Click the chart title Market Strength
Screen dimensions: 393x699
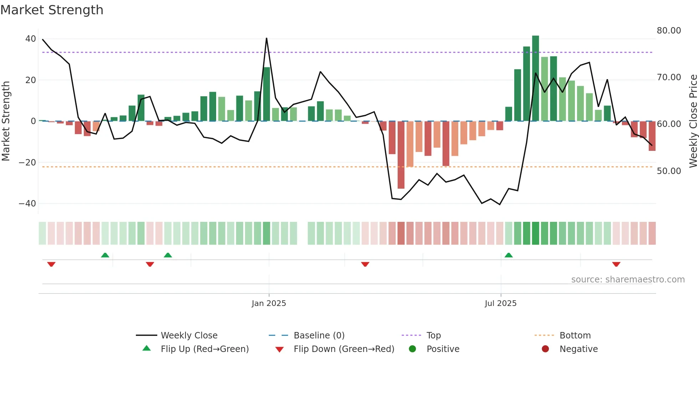pyautogui.click(x=52, y=10)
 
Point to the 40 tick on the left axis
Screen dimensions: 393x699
pyautogui.click(x=31, y=39)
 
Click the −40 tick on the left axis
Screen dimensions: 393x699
pyautogui.click(x=27, y=203)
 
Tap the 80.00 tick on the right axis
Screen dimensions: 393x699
pyautogui.click(x=669, y=31)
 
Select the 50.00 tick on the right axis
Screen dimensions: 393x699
pyautogui.click(x=669, y=171)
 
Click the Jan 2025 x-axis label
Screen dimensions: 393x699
pyautogui.click(x=269, y=303)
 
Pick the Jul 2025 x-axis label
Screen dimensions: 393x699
pyautogui.click(x=500, y=303)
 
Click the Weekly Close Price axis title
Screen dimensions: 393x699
pyautogui.click(x=693, y=121)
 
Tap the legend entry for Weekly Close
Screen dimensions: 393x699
pyautogui.click(x=189, y=335)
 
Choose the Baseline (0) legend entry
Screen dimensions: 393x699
pyautogui.click(x=319, y=335)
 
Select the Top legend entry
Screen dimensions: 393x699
pyautogui.click(x=433, y=335)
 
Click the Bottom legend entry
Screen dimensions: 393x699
pyautogui.click(x=575, y=335)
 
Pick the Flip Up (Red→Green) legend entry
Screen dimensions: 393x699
pyautogui.click(x=204, y=349)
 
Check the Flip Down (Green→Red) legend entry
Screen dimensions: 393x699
pyautogui.click(x=344, y=349)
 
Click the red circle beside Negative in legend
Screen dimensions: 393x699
pyautogui.click(x=545, y=349)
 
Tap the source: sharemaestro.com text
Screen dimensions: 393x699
pyautogui.click(x=628, y=279)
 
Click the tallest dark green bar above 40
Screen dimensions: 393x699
pyautogui.click(x=535, y=78)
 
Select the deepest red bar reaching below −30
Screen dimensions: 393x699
pyautogui.click(x=401, y=155)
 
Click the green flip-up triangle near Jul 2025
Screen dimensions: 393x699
pyautogui.click(x=509, y=255)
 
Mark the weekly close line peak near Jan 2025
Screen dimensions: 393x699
pyautogui.click(x=266, y=38)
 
